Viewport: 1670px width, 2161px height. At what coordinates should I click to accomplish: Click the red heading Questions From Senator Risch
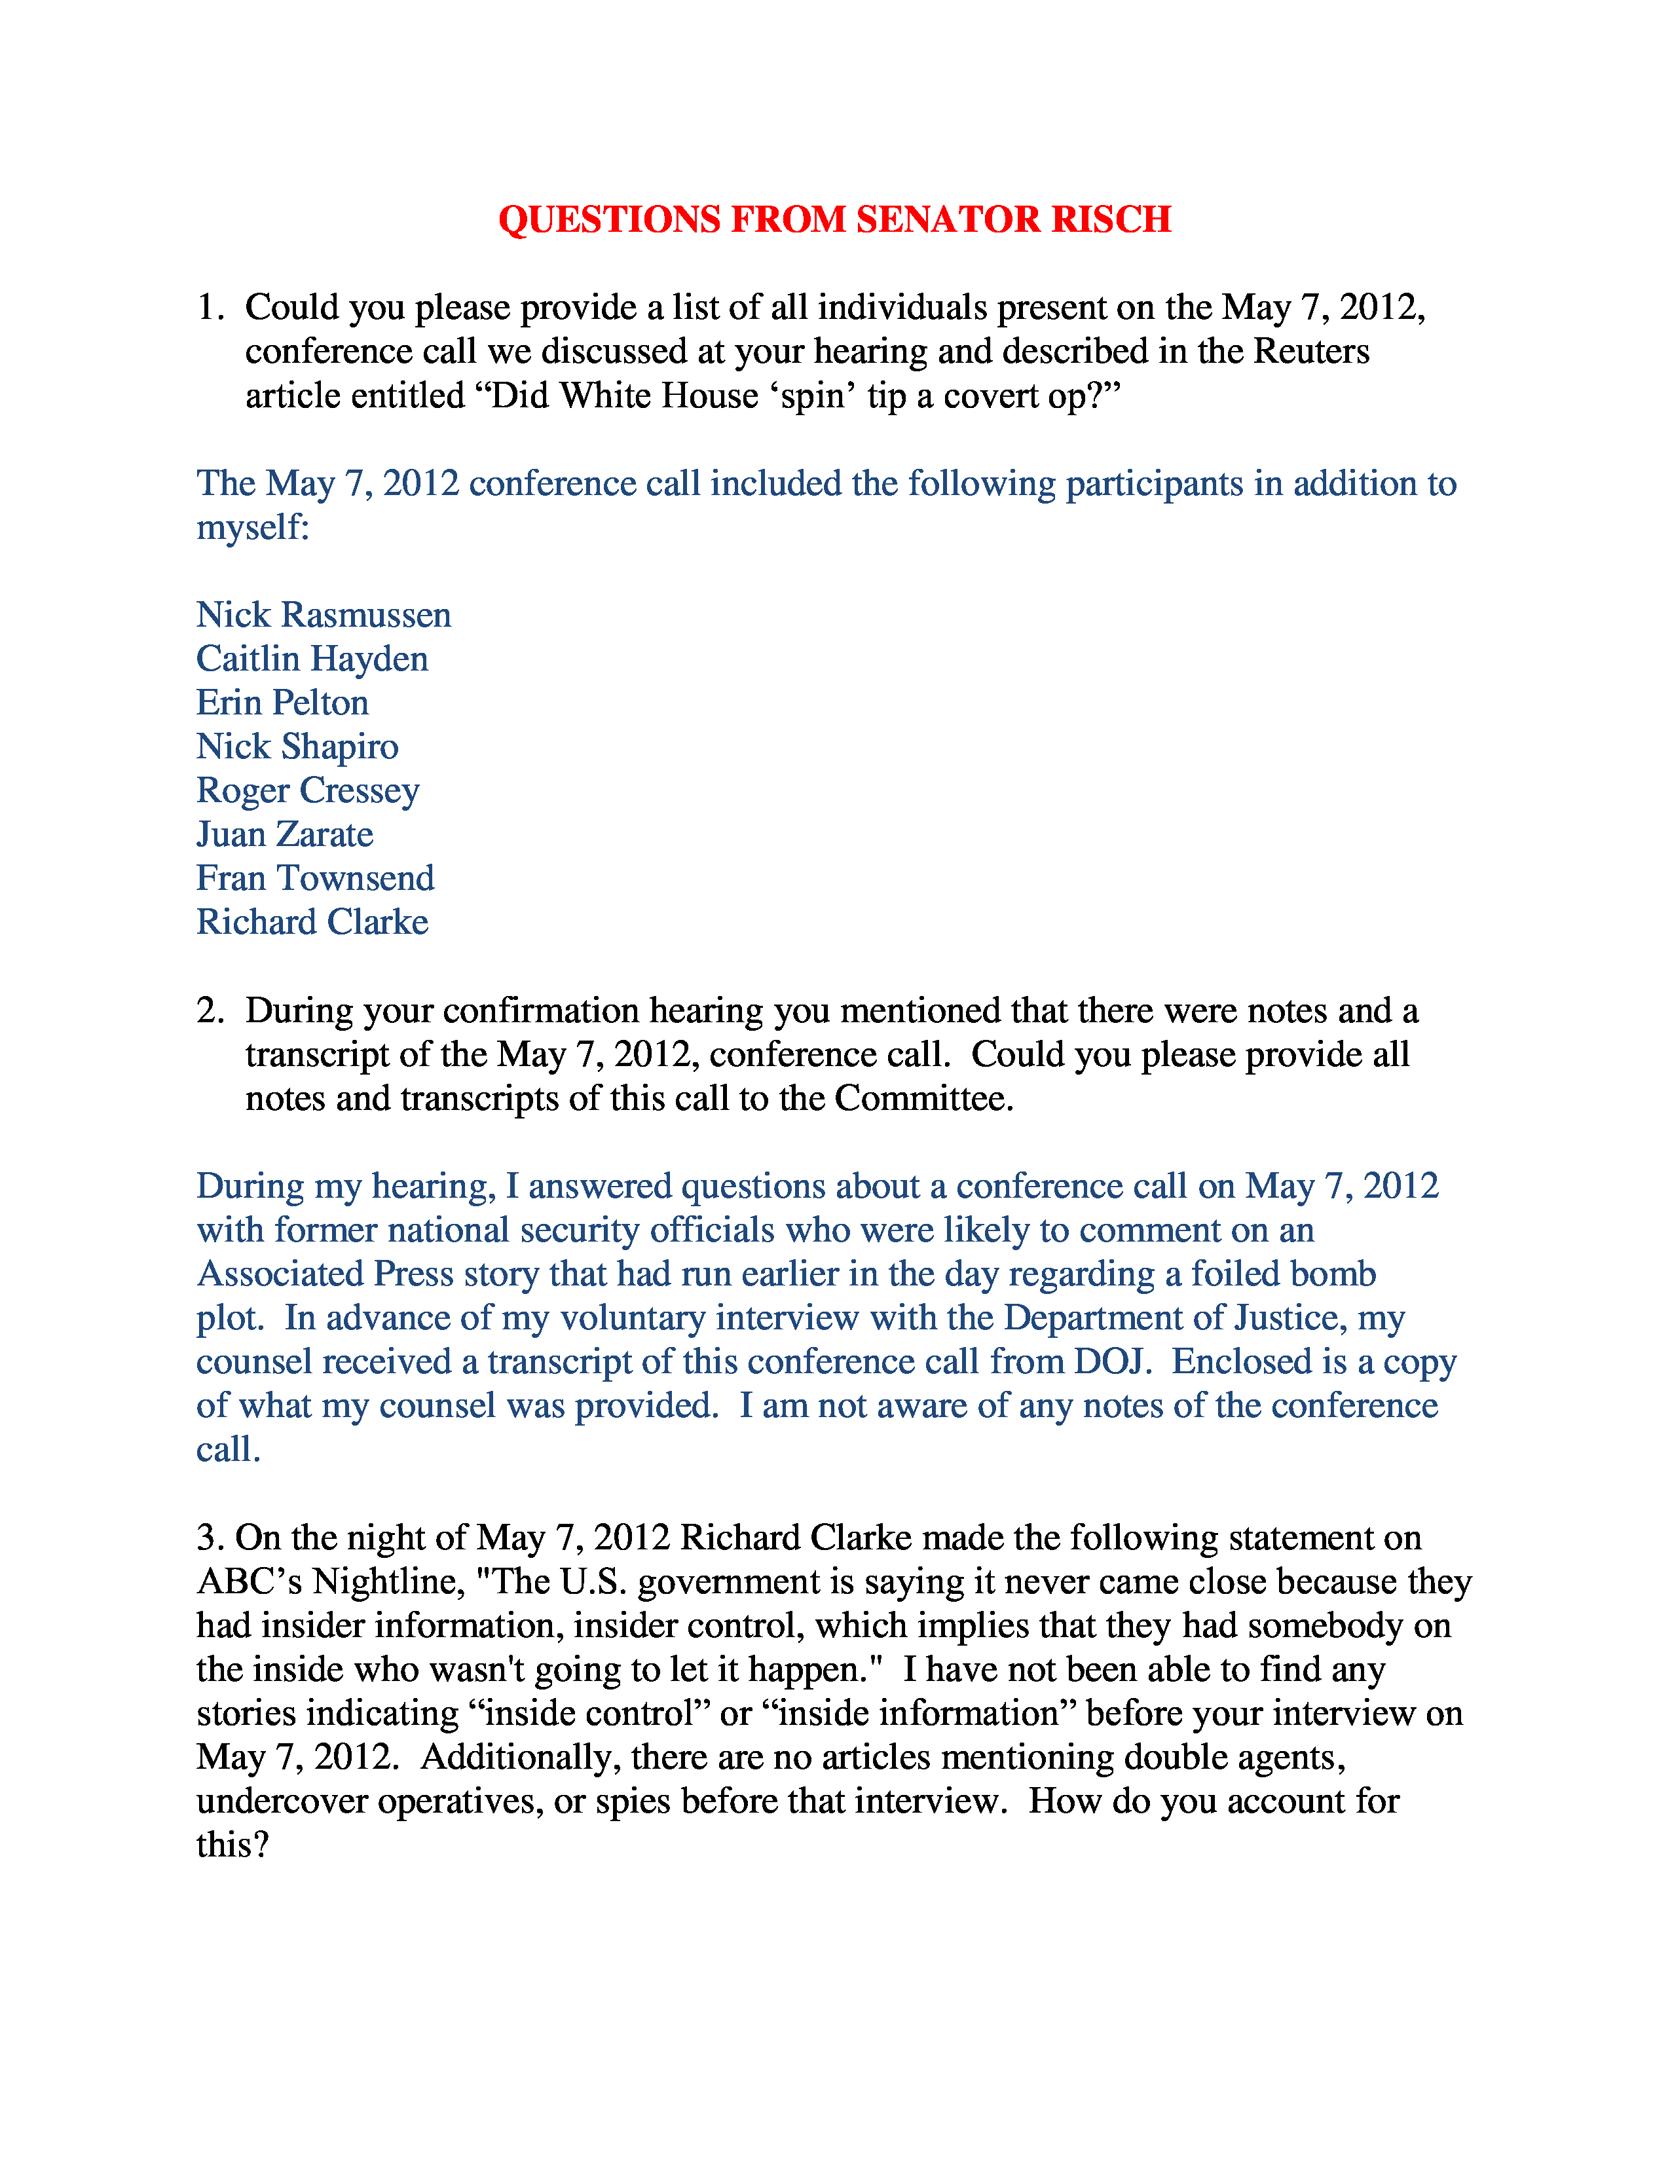click(x=834, y=219)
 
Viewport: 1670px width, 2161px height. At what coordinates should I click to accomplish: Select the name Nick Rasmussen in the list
click(x=324, y=616)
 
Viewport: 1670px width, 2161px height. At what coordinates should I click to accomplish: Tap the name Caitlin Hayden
click(x=312, y=659)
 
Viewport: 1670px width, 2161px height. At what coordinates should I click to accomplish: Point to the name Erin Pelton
click(x=282, y=703)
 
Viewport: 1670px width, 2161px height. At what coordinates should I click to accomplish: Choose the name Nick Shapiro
click(x=297, y=747)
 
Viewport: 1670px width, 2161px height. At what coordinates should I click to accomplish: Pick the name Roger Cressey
click(x=308, y=790)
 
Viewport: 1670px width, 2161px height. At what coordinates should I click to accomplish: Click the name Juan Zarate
click(x=285, y=834)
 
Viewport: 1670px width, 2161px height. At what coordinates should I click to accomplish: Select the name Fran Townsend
click(x=314, y=879)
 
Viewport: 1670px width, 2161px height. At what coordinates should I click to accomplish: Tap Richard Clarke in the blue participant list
click(x=312, y=922)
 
